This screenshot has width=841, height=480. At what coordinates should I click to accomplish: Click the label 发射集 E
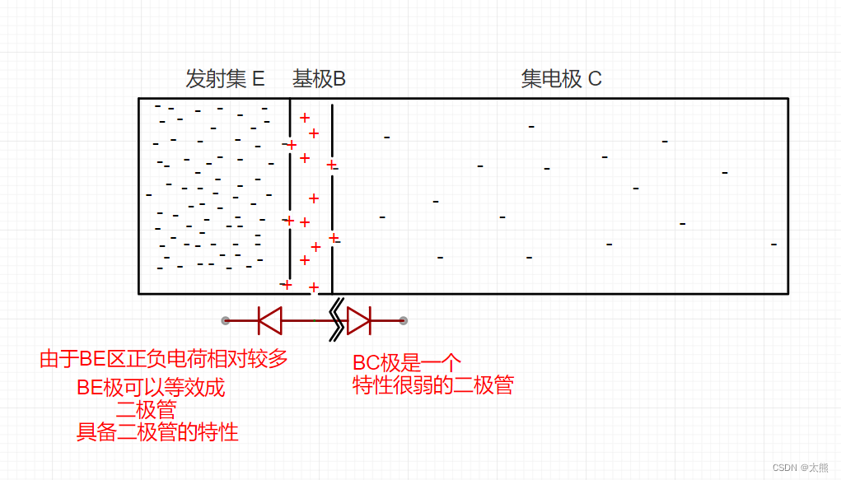point(225,79)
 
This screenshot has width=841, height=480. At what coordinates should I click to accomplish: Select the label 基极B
point(319,79)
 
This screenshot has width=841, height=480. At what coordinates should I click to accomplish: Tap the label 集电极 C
point(561,79)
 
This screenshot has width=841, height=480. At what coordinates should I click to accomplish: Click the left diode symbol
point(270,320)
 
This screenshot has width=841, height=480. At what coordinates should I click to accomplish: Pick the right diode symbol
point(359,320)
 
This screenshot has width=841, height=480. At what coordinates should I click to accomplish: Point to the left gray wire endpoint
point(225,320)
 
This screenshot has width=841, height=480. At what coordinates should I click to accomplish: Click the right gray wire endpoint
point(403,320)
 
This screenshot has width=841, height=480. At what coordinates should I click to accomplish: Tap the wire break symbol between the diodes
point(336,319)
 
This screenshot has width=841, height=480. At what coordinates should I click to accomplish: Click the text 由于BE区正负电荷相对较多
point(164,359)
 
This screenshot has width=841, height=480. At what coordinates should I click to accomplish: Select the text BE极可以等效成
point(151,388)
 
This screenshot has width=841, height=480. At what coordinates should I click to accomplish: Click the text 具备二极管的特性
point(157,431)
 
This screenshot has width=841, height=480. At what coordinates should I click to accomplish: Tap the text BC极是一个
point(407,363)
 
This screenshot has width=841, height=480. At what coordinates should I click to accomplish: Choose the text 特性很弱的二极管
point(433,385)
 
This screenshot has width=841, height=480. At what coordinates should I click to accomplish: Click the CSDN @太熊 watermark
point(801,467)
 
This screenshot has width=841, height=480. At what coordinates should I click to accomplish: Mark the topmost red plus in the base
point(305,118)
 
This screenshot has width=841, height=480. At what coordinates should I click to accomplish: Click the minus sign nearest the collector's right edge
point(773,245)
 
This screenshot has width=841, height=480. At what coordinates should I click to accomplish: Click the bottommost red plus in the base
point(314,287)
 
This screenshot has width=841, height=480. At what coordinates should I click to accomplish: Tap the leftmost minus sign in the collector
point(382,217)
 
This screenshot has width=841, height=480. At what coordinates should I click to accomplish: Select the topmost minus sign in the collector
point(531,127)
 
